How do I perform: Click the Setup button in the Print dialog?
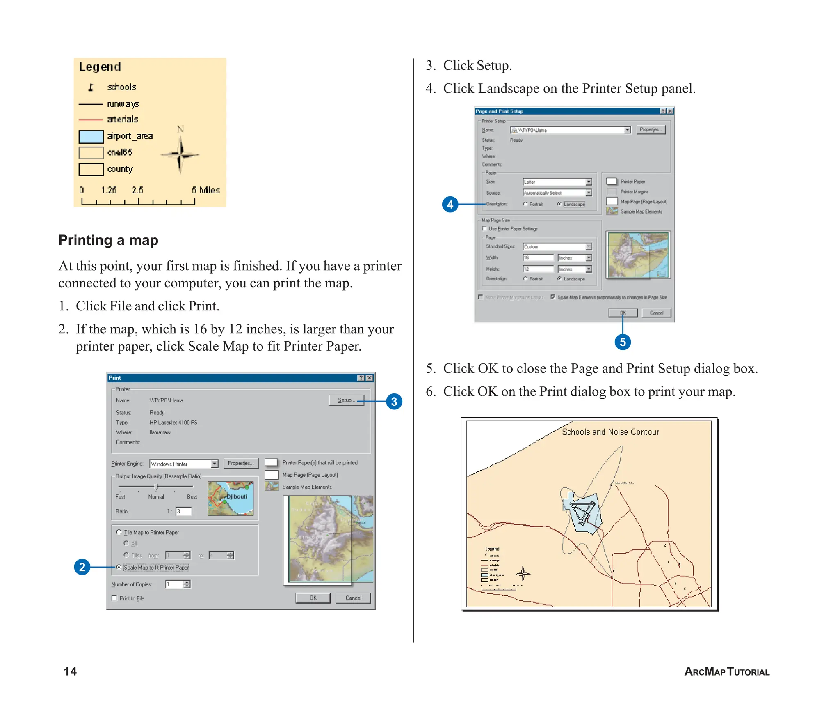(x=346, y=400)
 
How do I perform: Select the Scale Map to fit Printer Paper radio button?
(x=119, y=567)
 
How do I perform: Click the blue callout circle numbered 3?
(x=394, y=401)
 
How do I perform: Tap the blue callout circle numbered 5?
(x=622, y=342)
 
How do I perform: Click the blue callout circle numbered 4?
(x=450, y=204)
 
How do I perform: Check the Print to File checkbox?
(x=114, y=598)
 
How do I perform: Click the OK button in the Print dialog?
(x=313, y=598)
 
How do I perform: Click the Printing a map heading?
(x=108, y=240)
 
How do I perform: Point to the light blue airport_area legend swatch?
(x=91, y=136)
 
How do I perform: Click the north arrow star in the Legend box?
(x=180, y=155)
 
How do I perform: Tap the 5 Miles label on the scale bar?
(x=205, y=190)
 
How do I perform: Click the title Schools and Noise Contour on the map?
(x=610, y=432)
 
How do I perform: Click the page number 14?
(x=70, y=671)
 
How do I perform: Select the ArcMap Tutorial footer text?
(x=726, y=671)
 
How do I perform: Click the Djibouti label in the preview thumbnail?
(x=237, y=496)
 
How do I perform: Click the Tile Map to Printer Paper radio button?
(x=119, y=532)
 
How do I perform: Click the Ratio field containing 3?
(x=183, y=511)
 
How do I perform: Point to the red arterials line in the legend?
(x=91, y=120)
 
